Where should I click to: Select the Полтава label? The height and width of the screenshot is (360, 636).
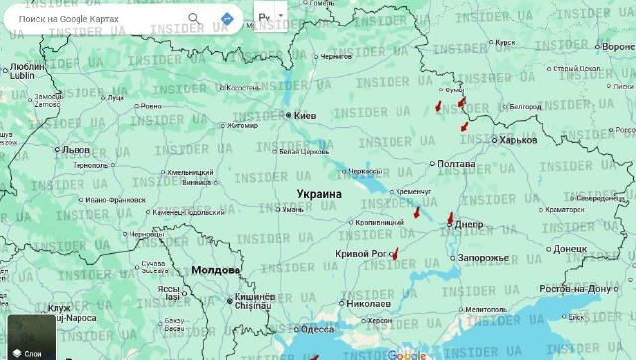pos(456,163)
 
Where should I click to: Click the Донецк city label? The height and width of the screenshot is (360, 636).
pos(569,248)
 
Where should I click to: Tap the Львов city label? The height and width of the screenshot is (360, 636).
pos(76,150)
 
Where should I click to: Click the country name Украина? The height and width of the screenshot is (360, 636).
pos(319,194)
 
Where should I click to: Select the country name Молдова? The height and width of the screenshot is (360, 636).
pos(216,270)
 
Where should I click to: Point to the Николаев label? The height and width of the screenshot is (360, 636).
pos(367,303)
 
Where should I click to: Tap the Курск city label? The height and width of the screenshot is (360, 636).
pos(505,43)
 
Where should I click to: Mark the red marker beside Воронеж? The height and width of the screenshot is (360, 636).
pos(609,46)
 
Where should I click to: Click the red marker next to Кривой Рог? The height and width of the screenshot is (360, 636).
pos(395,253)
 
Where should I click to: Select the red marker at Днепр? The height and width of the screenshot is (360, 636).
pos(450,218)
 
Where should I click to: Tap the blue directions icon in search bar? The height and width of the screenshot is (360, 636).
pos(227,19)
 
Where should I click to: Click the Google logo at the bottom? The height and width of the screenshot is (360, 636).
pos(406,354)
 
